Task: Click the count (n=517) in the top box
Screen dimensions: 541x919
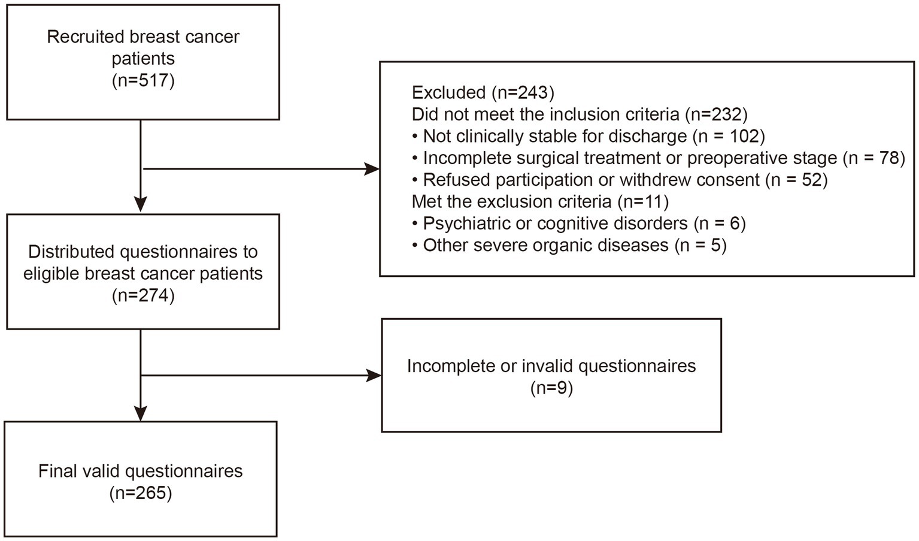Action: [x=143, y=80]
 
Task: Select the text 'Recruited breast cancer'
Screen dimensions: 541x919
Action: [x=143, y=37]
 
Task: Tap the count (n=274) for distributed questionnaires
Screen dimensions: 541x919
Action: [x=143, y=295]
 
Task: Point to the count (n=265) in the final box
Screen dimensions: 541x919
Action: [x=141, y=493]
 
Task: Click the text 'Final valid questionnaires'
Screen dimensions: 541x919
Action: [x=141, y=471]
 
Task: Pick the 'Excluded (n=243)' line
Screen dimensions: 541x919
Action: [x=483, y=92]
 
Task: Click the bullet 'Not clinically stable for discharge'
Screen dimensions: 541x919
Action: [x=554, y=136]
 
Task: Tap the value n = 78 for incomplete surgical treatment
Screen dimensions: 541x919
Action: [x=873, y=158]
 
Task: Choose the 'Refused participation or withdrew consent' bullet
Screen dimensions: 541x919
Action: [x=591, y=180]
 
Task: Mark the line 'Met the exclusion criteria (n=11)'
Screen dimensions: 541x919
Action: [x=540, y=201]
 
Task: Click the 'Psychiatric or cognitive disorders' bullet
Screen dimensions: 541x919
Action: [x=555, y=223]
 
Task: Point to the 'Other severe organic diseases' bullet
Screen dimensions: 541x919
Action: [x=545, y=245]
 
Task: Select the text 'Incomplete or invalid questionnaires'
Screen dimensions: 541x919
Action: [x=551, y=365]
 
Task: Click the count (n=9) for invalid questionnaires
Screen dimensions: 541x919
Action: [x=551, y=388]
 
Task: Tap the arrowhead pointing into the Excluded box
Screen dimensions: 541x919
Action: [x=372, y=170]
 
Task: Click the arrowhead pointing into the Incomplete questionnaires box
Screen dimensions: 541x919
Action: [x=374, y=376]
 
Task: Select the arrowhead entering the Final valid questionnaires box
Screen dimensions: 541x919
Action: [x=140, y=413]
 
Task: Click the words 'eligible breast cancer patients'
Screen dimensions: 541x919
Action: [x=143, y=274]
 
